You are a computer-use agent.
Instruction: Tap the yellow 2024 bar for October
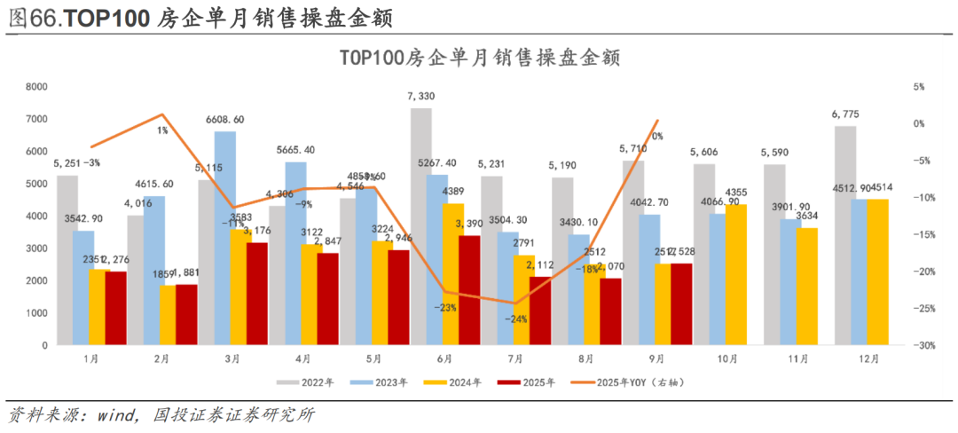pyautogui.click(x=735, y=274)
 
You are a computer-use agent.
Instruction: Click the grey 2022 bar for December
pyautogui.click(x=845, y=235)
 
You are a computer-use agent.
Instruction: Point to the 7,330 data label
pyautogui.click(x=421, y=96)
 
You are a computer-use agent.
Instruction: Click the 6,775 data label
pyautogui.click(x=845, y=114)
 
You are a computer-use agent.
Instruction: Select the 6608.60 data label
pyautogui.click(x=225, y=119)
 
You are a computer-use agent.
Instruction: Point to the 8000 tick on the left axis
pyautogui.click(x=36, y=87)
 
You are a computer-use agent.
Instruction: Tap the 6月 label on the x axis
pyautogui.click(x=444, y=359)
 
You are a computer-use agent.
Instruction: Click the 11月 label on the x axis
pyautogui.click(x=798, y=359)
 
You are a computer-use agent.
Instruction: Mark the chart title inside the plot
pyautogui.click(x=478, y=57)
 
